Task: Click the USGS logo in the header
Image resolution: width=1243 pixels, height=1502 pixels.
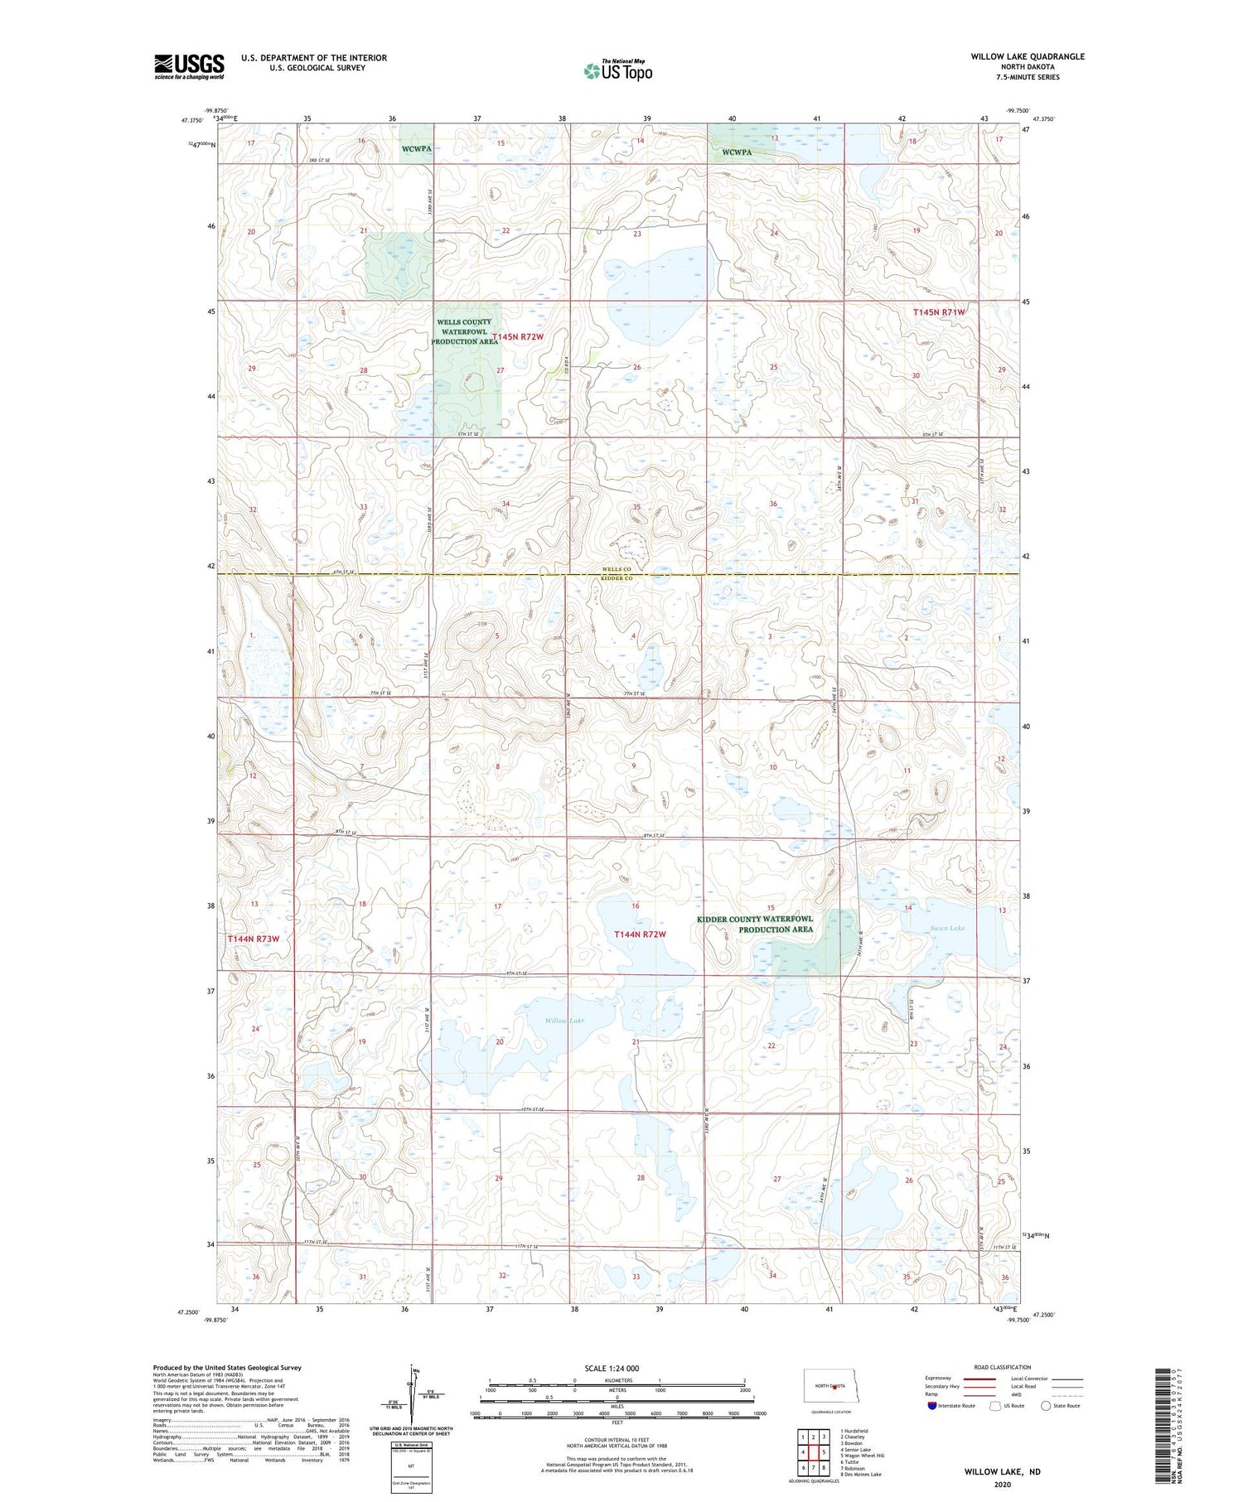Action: point(189,66)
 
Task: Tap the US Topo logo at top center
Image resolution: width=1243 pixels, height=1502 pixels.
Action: point(617,71)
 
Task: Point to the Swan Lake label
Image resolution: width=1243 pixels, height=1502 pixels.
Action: point(946,928)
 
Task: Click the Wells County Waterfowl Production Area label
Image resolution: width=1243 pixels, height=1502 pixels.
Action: point(464,331)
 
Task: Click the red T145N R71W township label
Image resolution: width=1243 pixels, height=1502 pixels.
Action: point(939,312)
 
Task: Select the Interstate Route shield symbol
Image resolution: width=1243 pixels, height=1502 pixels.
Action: point(932,1406)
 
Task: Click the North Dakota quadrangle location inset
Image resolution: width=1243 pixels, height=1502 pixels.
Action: point(838,1386)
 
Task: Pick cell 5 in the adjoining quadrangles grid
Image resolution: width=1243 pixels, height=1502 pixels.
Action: point(823,1452)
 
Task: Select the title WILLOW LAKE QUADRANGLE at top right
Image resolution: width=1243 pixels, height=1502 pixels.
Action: point(1028,56)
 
